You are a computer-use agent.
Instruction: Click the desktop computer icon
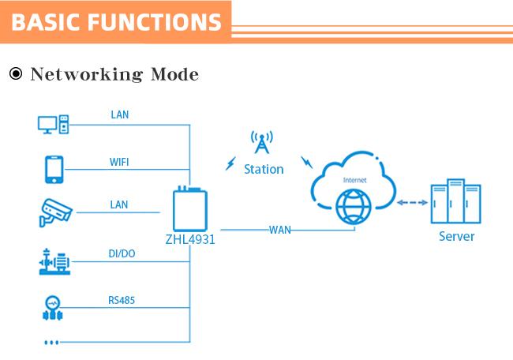pos(54,125)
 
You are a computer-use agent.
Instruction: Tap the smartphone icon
pos(54,170)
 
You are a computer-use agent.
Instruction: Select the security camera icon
pos(55,212)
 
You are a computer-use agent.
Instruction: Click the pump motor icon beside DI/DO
pos(54,261)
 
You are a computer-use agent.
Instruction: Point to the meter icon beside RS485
pos(53,308)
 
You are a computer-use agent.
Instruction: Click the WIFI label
pos(119,162)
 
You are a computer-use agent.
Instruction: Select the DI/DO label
pos(122,253)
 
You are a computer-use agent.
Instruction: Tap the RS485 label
pos(122,300)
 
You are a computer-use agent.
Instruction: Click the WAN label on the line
pos(280,230)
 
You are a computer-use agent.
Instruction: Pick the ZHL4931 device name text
pos(190,239)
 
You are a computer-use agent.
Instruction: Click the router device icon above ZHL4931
pos(190,208)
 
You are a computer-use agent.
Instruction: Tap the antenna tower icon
pos(262,142)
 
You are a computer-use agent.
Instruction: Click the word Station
pos(264,169)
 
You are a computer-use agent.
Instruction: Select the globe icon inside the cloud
pos(354,207)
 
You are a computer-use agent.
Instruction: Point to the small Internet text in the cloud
pos(354,180)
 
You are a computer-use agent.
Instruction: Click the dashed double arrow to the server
pos(412,203)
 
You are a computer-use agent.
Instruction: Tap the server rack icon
pos(455,201)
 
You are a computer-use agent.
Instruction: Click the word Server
pos(456,236)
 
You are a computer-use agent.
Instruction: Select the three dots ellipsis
pos(51,343)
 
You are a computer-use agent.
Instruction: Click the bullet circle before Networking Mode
pos(16,73)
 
